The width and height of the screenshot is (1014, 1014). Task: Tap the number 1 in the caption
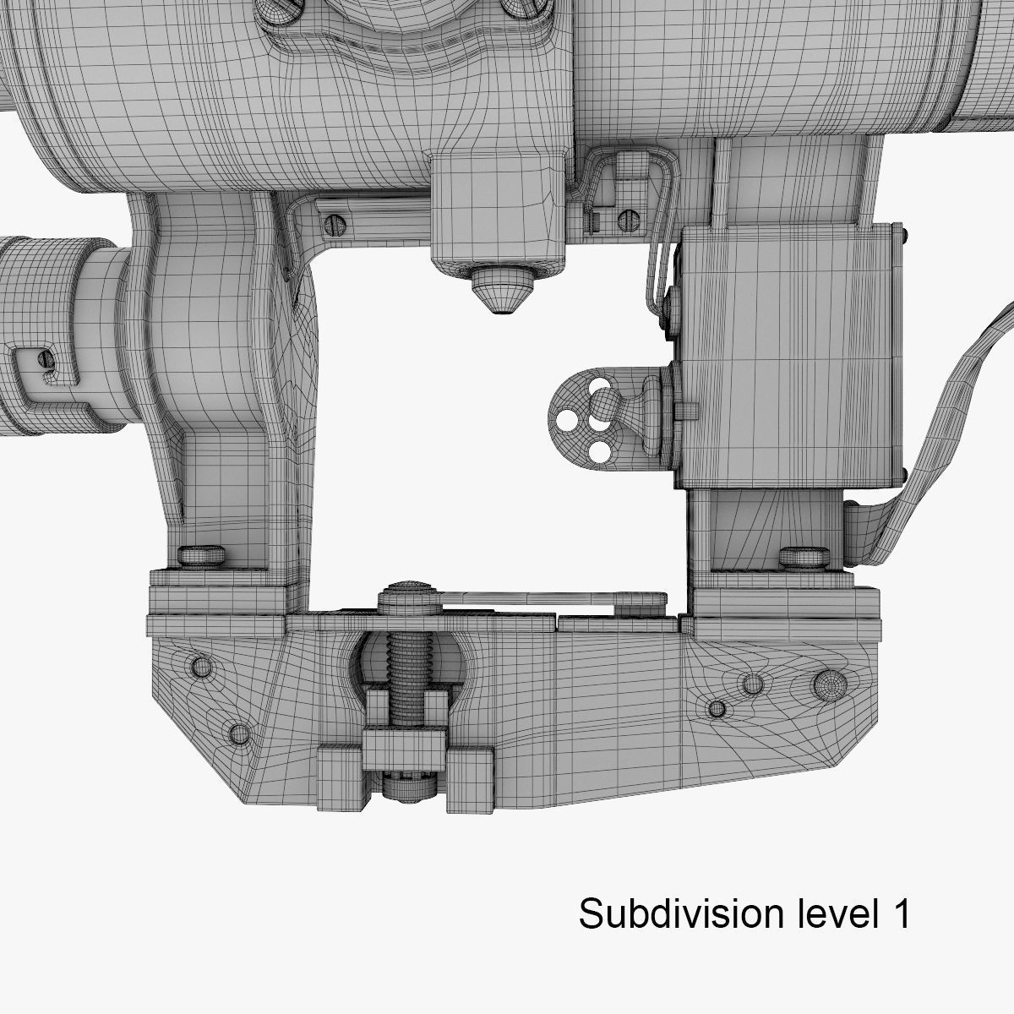(x=900, y=913)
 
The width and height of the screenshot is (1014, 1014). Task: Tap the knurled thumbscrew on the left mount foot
(x=202, y=556)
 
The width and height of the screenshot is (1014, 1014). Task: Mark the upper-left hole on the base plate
(x=202, y=666)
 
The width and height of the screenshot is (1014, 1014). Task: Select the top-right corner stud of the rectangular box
(x=903, y=231)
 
